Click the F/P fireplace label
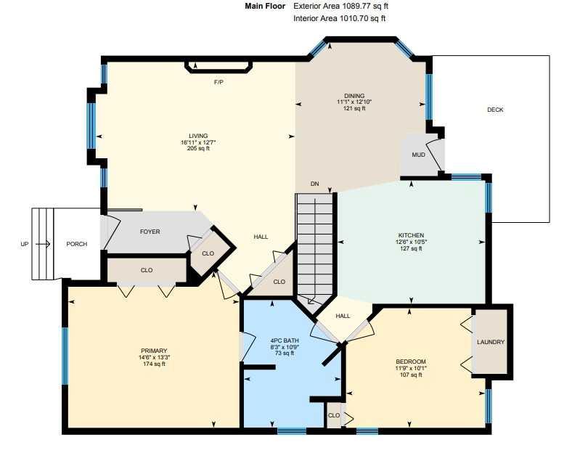tap(218, 83)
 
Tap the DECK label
tap(495, 110)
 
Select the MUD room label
tap(418, 155)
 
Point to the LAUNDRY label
tap(491, 342)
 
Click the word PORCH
tap(77, 244)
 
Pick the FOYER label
tap(150, 232)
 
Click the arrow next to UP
tap(43, 244)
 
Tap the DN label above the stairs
tap(315, 184)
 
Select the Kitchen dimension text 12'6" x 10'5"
tap(411, 242)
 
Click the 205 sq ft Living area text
tap(198, 148)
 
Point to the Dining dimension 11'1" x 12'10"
tap(354, 102)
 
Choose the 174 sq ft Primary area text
tap(155, 364)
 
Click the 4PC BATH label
tap(285, 341)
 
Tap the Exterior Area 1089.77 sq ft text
tap(340, 7)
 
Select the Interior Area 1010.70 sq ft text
tap(339, 18)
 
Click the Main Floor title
tap(265, 7)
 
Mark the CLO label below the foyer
tap(147, 270)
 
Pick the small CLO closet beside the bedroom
tap(334, 415)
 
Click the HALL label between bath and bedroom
tap(343, 316)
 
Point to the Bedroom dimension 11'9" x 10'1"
tap(411, 368)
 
